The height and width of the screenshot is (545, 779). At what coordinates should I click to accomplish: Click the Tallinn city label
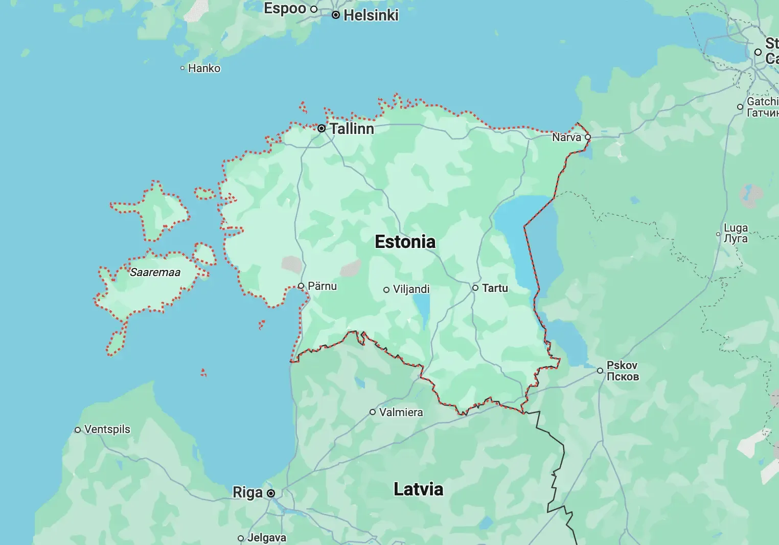(352, 129)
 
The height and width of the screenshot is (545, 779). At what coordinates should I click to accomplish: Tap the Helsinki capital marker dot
(336, 15)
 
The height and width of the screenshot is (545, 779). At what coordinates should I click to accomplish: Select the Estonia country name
(405, 242)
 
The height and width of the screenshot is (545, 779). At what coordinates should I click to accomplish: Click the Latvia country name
(418, 489)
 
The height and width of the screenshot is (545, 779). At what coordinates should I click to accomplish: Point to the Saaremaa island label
(155, 272)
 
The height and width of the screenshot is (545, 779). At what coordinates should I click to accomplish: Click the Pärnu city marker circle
(301, 286)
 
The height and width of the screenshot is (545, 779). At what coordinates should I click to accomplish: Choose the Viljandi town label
(411, 289)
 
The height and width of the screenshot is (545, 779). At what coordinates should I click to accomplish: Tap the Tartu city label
(495, 288)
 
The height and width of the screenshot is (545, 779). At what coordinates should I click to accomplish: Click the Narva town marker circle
(588, 137)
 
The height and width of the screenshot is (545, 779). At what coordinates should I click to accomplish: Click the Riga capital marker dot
(271, 493)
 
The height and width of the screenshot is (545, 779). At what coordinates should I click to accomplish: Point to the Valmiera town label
(401, 413)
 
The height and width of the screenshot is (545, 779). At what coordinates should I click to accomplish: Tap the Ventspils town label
(107, 429)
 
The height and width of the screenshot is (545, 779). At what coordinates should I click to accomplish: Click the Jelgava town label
(266, 538)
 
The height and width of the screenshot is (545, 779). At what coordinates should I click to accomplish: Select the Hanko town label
(204, 69)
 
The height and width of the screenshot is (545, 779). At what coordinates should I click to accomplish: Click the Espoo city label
(285, 9)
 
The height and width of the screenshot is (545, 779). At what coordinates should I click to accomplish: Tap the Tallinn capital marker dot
(322, 128)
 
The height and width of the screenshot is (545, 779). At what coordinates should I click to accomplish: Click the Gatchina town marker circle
(740, 107)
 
